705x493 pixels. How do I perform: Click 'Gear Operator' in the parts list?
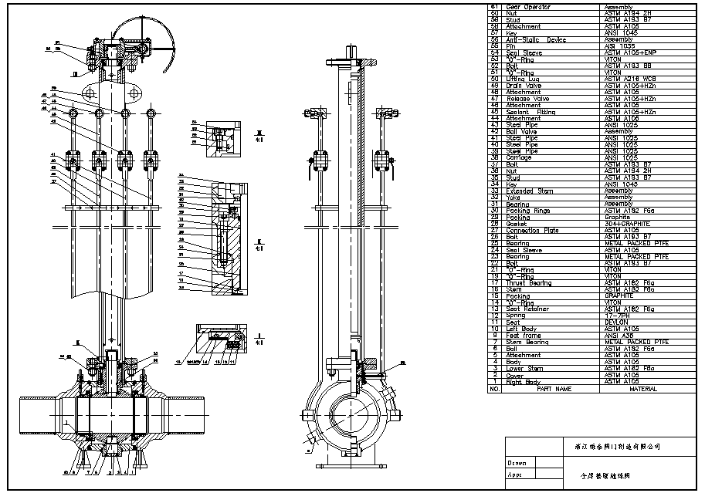527,7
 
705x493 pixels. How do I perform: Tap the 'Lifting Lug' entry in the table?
523,79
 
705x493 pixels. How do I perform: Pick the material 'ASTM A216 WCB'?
625,79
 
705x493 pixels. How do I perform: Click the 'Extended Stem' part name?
530,191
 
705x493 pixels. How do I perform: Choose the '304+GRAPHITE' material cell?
625,224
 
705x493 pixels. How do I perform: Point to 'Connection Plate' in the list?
534,231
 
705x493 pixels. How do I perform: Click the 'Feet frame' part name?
522,336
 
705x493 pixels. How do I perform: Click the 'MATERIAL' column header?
642,389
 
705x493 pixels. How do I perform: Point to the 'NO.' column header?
495,389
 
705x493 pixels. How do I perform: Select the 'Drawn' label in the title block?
517,463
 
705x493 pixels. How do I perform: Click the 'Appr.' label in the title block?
515,475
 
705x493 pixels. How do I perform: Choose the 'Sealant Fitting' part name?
530,112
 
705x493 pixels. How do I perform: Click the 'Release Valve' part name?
527,99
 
